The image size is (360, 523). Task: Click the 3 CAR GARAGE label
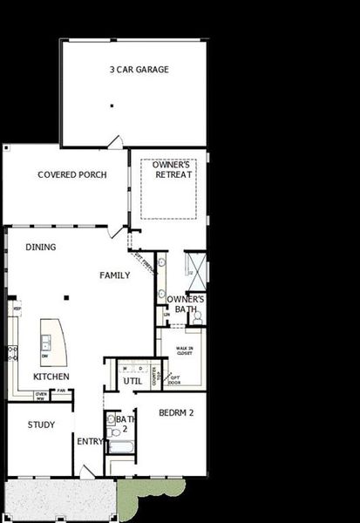139,69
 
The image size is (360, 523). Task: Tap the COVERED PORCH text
72,174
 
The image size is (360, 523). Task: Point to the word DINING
40,247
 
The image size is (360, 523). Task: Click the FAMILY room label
114,275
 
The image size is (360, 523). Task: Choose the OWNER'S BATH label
186,304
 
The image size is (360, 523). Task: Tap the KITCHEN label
51,377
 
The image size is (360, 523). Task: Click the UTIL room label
132,381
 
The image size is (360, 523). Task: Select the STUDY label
41,425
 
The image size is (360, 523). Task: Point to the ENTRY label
89,441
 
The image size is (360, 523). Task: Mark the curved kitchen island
51,342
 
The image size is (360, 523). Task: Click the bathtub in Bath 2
120,446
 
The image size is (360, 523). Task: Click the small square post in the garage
112,106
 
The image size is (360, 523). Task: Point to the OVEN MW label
40,396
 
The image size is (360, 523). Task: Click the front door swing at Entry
86,472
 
